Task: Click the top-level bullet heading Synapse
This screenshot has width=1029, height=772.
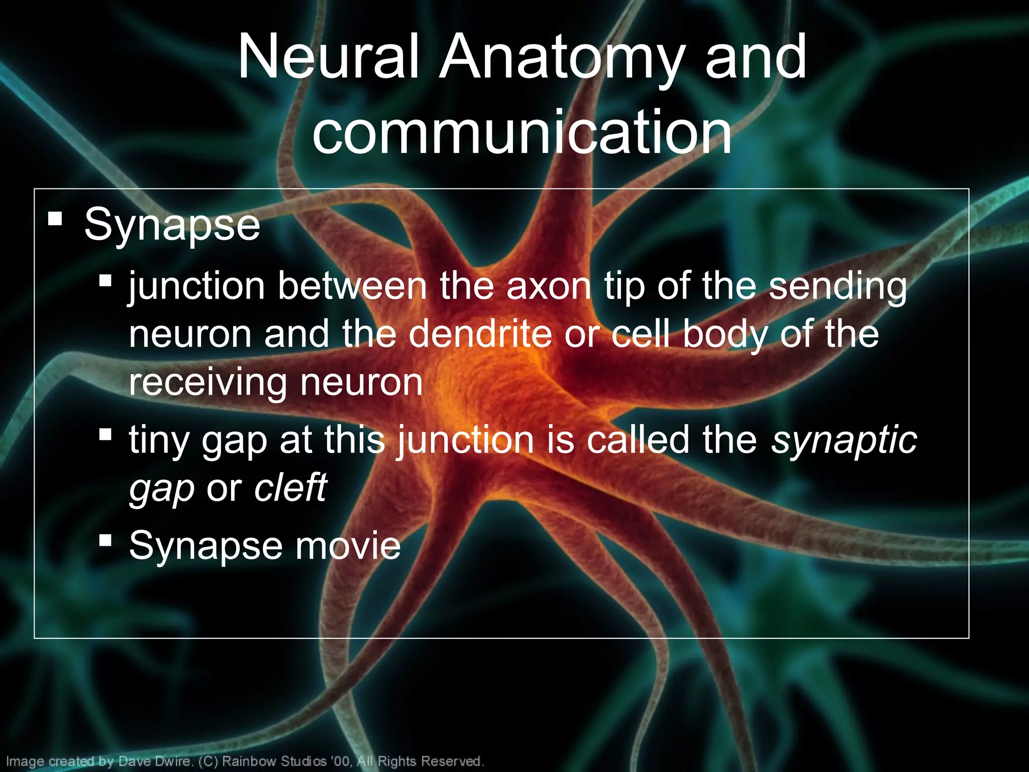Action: pyautogui.click(x=172, y=225)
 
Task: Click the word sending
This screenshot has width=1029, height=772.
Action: pyautogui.click(x=838, y=286)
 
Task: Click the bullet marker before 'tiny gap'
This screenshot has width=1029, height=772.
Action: pyautogui.click(x=105, y=434)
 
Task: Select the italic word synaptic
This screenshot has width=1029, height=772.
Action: pyautogui.click(x=844, y=440)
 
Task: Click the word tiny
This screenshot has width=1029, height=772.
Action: pyautogui.click(x=159, y=439)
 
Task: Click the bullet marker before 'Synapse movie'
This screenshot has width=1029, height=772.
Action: pyautogui.click(x=105, y=540)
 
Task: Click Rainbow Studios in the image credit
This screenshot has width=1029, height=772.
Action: pyautogui.click(x=275, y=761)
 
